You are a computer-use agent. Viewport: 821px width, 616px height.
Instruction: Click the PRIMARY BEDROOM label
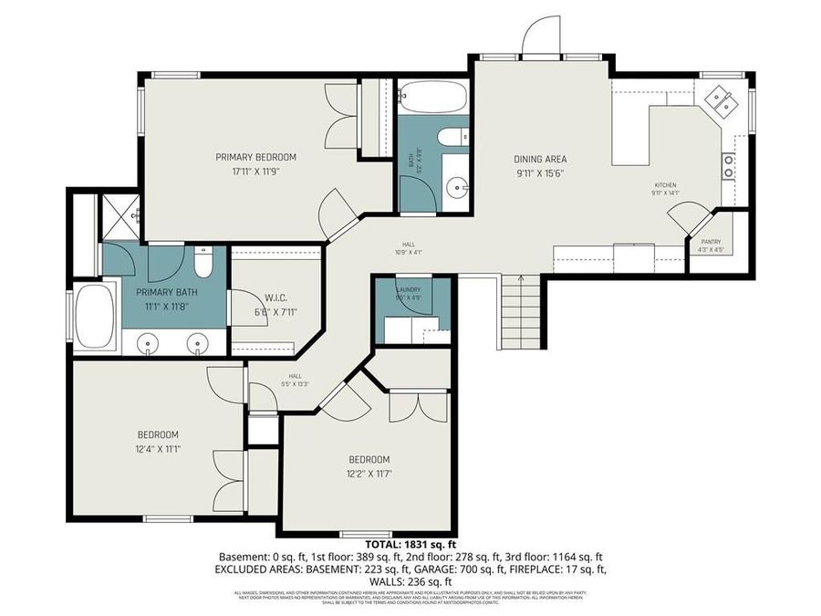click(255, 157)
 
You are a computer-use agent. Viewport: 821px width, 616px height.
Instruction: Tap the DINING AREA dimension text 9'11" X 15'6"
click(540, 173)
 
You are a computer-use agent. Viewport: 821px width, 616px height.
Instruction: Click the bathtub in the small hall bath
click(433, 97)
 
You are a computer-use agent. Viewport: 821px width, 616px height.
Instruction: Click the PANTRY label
click(711, 242)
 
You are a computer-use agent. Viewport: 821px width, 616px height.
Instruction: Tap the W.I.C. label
click(276, 298)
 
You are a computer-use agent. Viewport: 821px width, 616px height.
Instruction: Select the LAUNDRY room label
click(409, 288)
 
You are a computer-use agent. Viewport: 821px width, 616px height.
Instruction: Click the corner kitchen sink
click(721, 99)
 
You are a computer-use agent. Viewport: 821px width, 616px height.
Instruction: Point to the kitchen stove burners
click(729, 164)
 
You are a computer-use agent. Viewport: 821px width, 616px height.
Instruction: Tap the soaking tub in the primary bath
click(94, 315)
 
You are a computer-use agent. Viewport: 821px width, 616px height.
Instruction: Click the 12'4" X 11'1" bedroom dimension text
click(159, 448)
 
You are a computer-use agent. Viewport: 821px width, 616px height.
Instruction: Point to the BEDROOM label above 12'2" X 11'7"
click(369, 459)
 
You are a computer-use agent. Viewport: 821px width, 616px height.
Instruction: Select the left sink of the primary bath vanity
click(150, 343)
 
